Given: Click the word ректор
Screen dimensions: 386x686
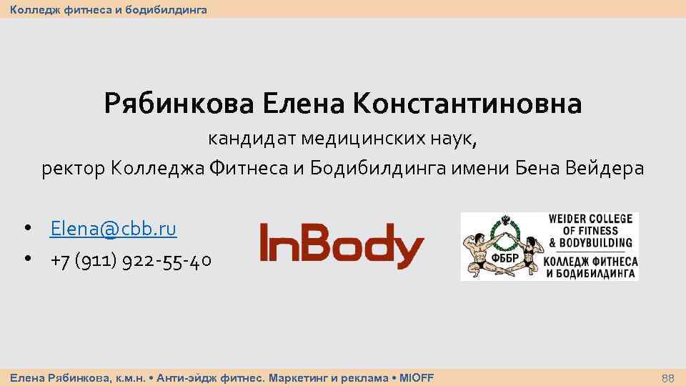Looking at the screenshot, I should click(73, 169).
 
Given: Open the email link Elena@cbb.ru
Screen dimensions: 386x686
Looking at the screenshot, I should click(113, 229).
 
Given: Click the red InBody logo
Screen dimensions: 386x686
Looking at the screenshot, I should click(342, 246).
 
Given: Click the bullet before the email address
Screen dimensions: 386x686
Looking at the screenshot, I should click(26, 229).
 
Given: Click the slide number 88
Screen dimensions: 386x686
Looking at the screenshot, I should click(667, 377).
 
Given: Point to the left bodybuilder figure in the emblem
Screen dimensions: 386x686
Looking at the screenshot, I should click(477, 250).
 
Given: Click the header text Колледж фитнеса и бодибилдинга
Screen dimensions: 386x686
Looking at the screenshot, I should click(108, 9).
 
